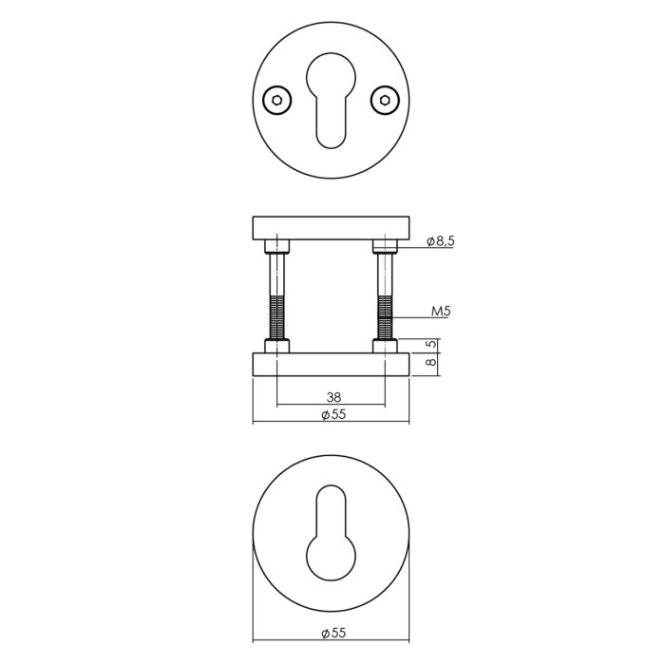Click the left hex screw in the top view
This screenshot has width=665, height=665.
277,100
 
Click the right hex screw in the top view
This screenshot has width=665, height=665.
385,100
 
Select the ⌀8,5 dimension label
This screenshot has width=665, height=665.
440,241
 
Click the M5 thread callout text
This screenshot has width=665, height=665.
441,312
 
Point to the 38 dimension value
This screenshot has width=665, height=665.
333,397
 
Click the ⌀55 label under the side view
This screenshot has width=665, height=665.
333,414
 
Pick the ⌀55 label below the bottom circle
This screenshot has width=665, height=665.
333,634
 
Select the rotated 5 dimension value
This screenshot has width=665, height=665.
430,344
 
